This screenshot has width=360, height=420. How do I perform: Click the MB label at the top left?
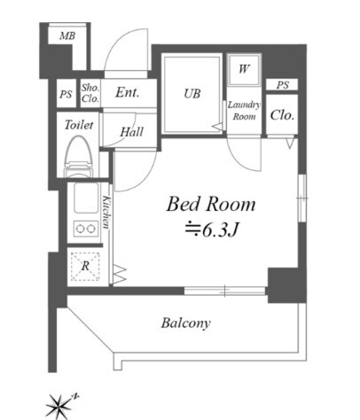pos(67,36)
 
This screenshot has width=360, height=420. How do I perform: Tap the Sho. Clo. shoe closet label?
pos(90,93)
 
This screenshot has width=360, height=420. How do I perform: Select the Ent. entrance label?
pos(127,92)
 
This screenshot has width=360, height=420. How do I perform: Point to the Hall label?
pos(132,132)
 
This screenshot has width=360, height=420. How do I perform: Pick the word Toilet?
pos(79,125)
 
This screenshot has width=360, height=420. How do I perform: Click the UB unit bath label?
pos(192,94)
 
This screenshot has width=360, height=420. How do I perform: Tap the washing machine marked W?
pos(244,70)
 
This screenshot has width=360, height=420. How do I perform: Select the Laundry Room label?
pos(244,111)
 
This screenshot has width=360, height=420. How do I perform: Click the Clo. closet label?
pos(282,115)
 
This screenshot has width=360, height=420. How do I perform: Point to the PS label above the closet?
pos(283,85)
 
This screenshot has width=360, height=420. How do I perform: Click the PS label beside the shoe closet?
pos(66,94)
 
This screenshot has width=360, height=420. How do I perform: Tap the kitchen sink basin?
pos(86,198)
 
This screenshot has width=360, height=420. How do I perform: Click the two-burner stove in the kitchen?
pos(86,229)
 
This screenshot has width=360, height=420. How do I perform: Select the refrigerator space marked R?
pos(85,267)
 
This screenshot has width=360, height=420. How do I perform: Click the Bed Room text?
pos(211,205)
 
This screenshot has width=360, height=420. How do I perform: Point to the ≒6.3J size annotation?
pos(211,230)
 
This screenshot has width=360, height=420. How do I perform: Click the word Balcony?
pos(186,323)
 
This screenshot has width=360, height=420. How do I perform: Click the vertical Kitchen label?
pos(106,212)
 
